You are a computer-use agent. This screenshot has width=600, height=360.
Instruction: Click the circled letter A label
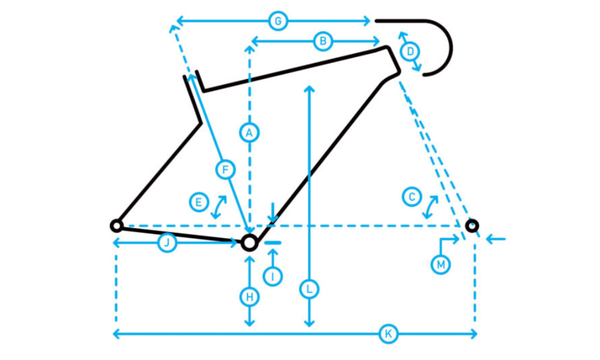[x=250, y=133]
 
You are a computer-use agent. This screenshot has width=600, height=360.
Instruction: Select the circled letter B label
[x=323, y=41]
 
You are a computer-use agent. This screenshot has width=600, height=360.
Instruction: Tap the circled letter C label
[x=412, y=197]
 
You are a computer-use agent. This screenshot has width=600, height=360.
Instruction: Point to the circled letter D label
[x=410, y=51]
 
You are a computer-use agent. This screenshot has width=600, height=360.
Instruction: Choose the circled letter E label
[x=199, y=202]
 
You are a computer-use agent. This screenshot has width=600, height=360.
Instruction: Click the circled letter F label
[x=226, y=169]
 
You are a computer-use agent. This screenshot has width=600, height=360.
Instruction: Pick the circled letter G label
[x=278, y=21]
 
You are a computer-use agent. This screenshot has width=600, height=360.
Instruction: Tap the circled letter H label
[x=250, y=297]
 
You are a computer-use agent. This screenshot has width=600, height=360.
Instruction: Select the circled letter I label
[x=273, y=276]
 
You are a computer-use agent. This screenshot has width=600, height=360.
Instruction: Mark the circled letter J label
[x=167, y=242]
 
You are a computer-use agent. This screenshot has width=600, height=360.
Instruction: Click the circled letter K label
[x=388, y=334]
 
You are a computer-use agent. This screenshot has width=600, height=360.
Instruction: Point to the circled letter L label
[x=309, y=289]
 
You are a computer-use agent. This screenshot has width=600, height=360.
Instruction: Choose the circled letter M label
[x=440, y=265]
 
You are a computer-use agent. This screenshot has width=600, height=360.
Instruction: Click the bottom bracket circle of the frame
[x=250, y=242]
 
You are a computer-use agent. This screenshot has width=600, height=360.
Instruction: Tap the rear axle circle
[x=116, y=226]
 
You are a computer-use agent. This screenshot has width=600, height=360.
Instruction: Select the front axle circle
[x=472, y=226]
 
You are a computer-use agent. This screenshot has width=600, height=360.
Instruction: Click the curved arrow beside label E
[x=219, y=207]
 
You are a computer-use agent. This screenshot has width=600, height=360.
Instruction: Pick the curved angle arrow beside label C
[x=430, y=207]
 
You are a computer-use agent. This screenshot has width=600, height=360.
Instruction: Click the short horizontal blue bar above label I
[x=273, y=242]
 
